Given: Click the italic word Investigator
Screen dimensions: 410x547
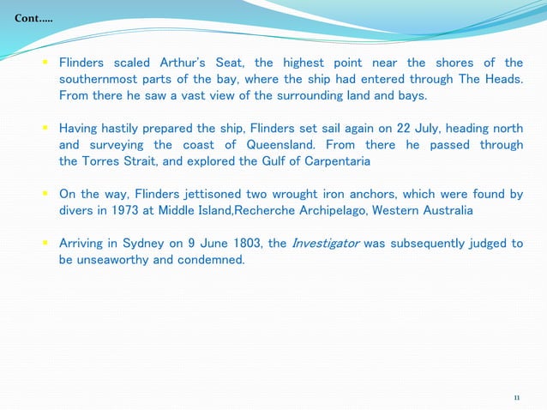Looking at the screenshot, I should point(326,243).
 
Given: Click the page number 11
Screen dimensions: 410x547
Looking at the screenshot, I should point(517,397).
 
